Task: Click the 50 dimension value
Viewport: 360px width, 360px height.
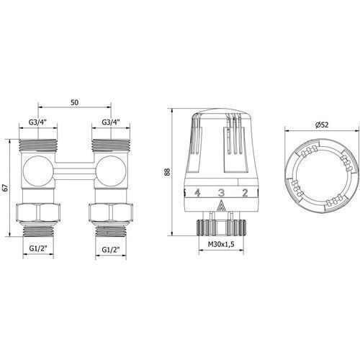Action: [x=74, y=102]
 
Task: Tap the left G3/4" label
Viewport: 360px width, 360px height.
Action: [x=37, y=122]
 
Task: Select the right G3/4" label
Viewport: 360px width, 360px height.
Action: [x=111, y=122]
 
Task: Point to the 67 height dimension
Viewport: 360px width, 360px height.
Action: [x=6, y=188]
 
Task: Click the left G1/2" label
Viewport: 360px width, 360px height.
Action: [x=38, y=249]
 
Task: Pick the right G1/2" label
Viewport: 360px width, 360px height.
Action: [x=111, y=250]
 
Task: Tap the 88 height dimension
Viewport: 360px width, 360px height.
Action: [x=167, y=172]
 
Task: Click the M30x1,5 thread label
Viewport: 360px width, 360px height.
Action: [x=221, y=245]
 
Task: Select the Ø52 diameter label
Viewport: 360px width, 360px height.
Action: [x=322, y=125]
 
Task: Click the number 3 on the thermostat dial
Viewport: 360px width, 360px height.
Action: [x=221, y=192]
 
